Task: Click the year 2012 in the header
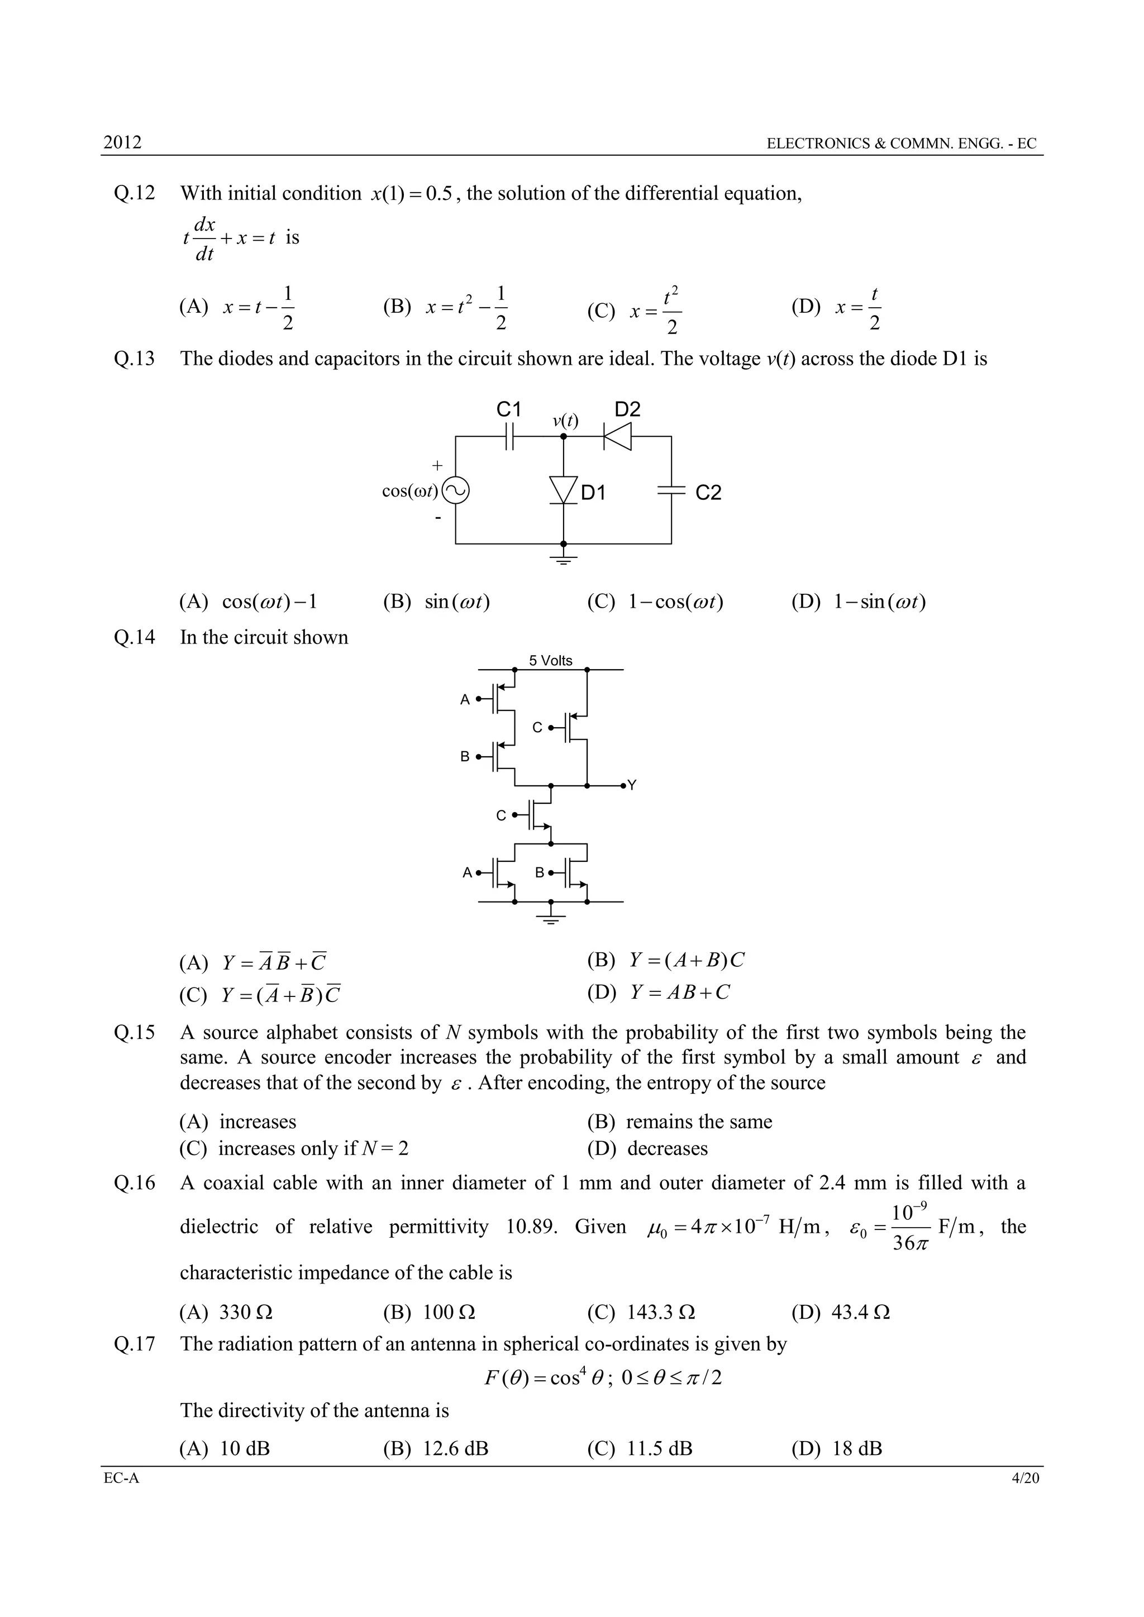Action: pos(122,142)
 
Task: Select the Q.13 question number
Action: pos(134,359)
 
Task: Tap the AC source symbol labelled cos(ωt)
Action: pos(456,491)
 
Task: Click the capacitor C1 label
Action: pos(509,409)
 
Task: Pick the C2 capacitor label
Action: pos(708,492)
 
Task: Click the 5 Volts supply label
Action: pos(551,661)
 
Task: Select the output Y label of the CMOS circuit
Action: pos(632,785)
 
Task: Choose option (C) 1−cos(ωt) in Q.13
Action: pos(655,602)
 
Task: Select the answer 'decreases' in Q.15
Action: pos(667,1149)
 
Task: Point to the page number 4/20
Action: pos(1025,1478)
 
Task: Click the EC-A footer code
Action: pos(121,1478)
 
